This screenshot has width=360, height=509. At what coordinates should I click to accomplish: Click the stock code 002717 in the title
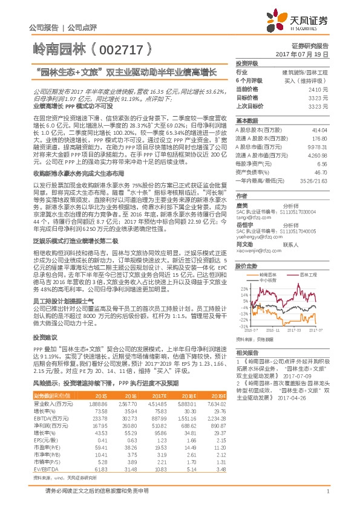click(x=124, y=47)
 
